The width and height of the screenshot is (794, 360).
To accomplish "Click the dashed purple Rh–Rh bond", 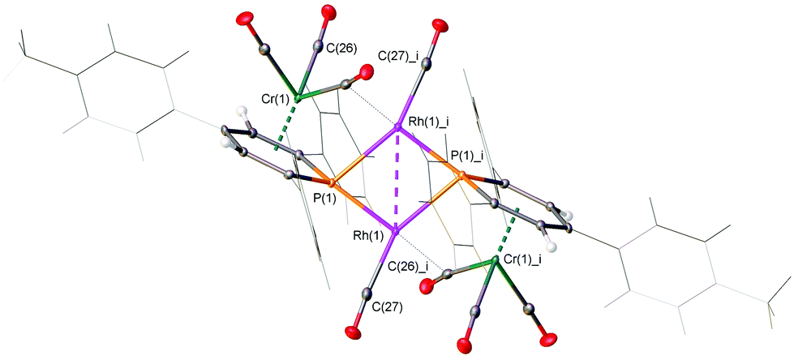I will click(x=397, y=179).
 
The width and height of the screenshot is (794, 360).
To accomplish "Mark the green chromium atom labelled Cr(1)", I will click(x=297, y=99).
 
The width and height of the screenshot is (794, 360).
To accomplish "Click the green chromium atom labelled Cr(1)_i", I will click(x=495, y=261).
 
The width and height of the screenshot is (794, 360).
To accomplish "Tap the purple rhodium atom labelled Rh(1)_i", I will click(x=397, y=127).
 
